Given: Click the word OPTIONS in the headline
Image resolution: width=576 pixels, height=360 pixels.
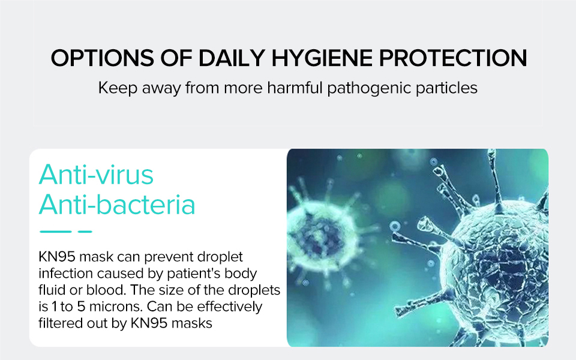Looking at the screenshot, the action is [102, 58].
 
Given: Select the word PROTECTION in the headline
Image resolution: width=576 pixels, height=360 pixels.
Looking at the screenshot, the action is [453, 58].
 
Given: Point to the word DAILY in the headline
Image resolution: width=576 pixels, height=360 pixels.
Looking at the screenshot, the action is [232, 58].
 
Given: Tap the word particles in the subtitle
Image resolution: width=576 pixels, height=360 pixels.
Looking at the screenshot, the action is [446, 88].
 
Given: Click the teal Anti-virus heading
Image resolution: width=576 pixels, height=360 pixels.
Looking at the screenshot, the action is [96, 175].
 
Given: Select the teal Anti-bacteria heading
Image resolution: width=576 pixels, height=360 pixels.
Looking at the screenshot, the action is [117, 204].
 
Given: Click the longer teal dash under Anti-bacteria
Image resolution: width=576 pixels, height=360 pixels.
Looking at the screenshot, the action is [55, 232].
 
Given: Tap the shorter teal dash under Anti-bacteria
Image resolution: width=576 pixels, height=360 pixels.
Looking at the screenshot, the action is [85, 232].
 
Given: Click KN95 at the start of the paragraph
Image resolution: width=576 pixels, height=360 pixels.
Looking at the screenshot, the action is [57, 257].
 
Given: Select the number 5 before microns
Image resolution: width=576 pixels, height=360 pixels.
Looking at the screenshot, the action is [81, 307].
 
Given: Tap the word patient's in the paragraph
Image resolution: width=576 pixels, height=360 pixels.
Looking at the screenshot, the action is [194, 274].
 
